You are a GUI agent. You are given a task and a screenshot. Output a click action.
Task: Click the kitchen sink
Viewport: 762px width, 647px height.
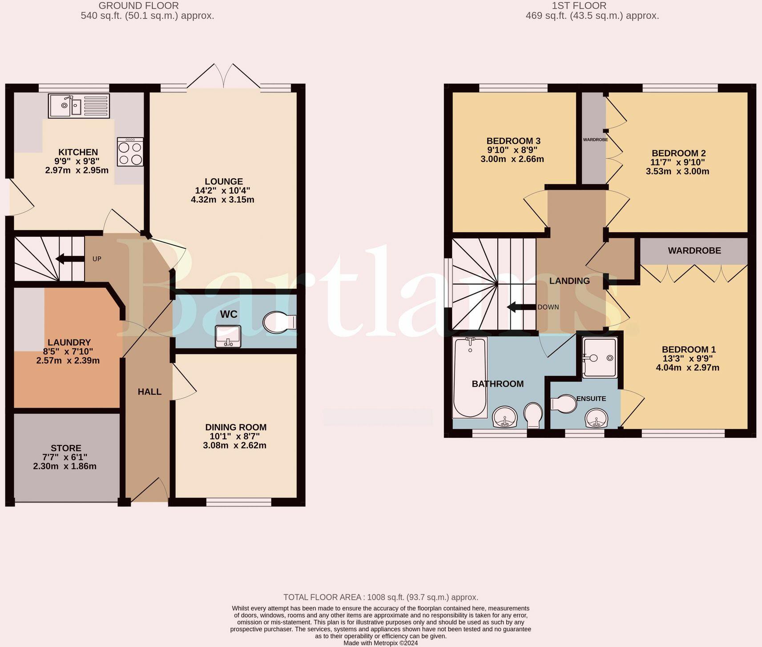pos(79,106)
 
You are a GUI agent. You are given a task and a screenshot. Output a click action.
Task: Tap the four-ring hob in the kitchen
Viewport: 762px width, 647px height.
pos(130,152)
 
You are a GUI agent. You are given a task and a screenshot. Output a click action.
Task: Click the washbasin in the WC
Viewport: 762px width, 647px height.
pos(228,336)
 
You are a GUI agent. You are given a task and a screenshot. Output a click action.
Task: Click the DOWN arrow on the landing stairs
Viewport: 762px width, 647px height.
pos(522,307)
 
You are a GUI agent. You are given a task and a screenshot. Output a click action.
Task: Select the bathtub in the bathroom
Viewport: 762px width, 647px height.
pos(470,377)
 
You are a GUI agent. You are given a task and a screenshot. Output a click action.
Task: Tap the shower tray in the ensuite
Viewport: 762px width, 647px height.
pos(600,358)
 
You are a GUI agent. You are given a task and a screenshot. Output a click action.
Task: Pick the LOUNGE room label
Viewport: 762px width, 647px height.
pos(224,182)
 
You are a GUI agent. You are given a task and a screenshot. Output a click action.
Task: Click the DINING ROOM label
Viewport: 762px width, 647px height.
pos(236,427)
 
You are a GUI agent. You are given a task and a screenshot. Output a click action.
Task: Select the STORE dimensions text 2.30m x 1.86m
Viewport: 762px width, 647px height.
pos(65,466)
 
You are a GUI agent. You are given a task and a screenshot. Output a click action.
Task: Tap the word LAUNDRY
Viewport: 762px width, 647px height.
pos(69,342)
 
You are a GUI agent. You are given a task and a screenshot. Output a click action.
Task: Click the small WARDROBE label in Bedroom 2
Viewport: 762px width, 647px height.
pos(595,140)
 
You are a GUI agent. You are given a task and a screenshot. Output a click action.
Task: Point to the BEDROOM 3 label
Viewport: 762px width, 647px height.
pos(513,141)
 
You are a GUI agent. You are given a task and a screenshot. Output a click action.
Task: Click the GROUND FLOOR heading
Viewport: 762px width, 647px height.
pos(139,6)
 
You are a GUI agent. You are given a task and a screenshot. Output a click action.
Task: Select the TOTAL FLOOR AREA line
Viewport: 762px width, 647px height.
pos(381,597)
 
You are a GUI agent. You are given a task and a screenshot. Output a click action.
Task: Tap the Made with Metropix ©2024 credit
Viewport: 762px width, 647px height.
pos(381,643)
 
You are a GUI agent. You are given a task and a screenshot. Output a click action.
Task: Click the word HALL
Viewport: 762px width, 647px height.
pos(149,392)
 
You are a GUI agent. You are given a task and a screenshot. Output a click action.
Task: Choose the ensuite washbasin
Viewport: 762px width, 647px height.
pos(597,418)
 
